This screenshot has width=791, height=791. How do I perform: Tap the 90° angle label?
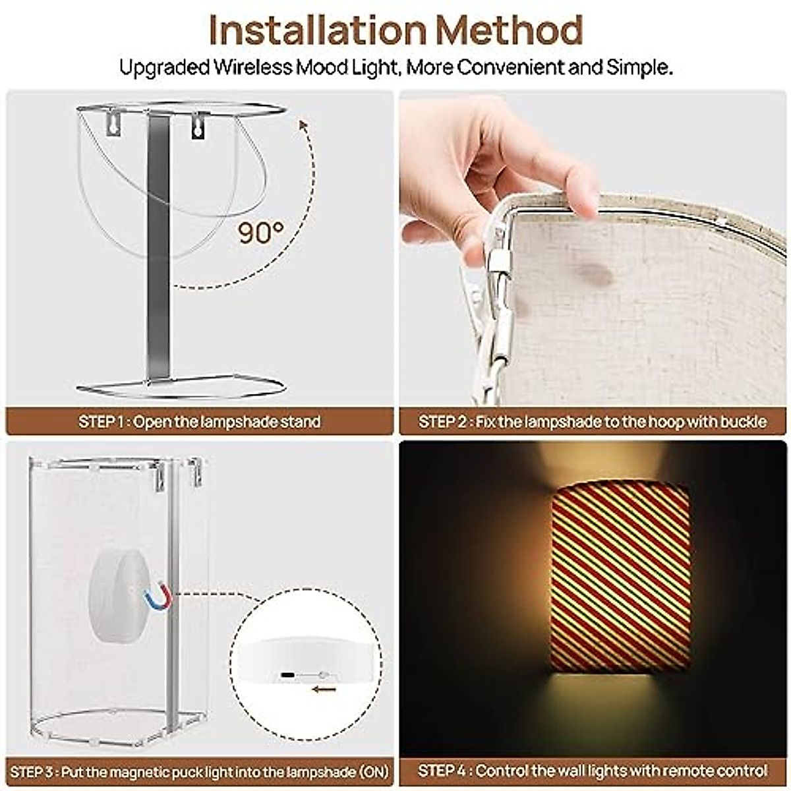click(261, 232)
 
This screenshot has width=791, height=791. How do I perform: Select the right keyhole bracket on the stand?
click(198, 125)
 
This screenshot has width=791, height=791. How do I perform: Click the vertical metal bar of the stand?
click(158, 250)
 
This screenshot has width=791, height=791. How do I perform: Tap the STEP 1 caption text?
click(199, 422)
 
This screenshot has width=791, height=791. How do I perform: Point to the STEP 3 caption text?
click(199, 771)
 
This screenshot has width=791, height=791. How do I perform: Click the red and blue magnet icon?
click(158, 597)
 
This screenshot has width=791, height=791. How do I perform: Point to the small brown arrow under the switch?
click(324, 690)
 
